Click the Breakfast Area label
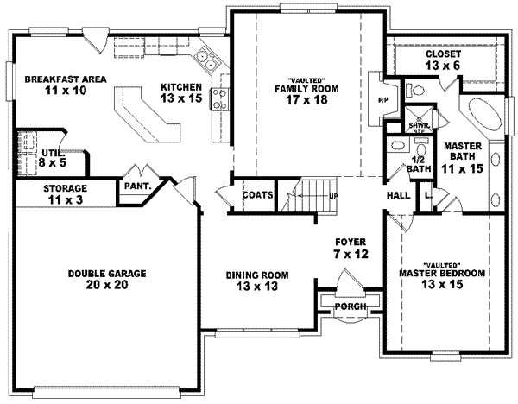point(66,85)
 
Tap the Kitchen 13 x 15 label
point(181,92)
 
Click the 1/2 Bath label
point(419,163)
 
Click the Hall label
point(398,196)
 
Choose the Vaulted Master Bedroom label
point(442,274)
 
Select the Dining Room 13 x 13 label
point(257,281)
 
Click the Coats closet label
point(257,195)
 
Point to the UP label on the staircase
point(332,196)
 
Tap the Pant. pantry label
point(138,185)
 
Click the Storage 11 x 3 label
point(66,194)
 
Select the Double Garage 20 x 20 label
point(108,279)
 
